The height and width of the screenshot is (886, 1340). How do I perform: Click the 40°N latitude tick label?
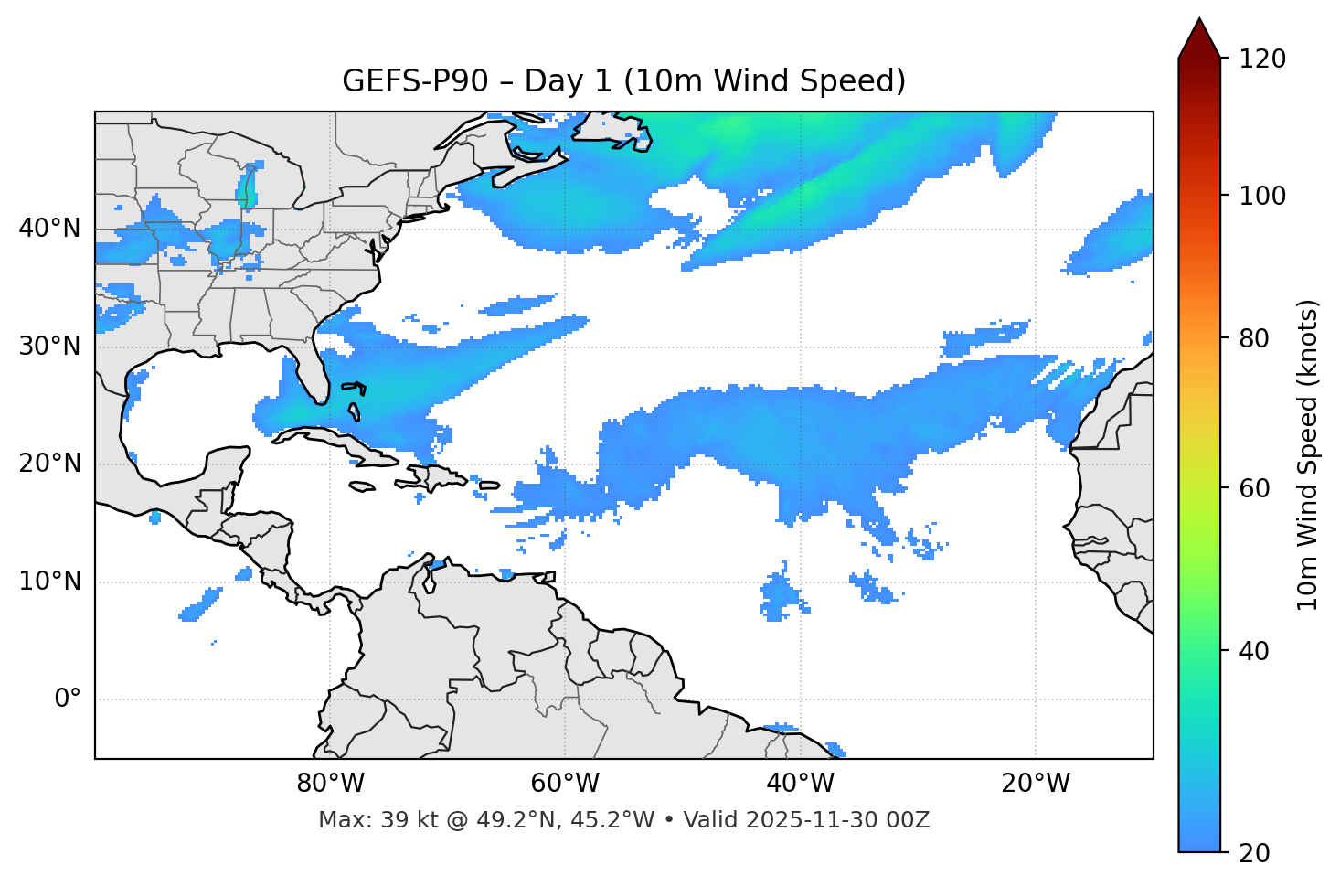(x=49, y=229)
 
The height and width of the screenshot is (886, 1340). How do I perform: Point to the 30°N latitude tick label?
(x=49, y=347)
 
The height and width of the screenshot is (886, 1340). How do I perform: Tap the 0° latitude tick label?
(x=68, y=699)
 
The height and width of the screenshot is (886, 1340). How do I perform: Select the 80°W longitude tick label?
(x=330, y=784)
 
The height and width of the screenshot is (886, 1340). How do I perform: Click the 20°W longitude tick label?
(x=1036, y=784)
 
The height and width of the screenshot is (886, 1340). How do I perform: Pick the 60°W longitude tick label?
(x=565, y=784)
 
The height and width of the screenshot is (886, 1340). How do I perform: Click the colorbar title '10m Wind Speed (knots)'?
(x=1308, y=455)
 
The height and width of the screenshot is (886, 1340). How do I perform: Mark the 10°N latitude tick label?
(x=49, y=582)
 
